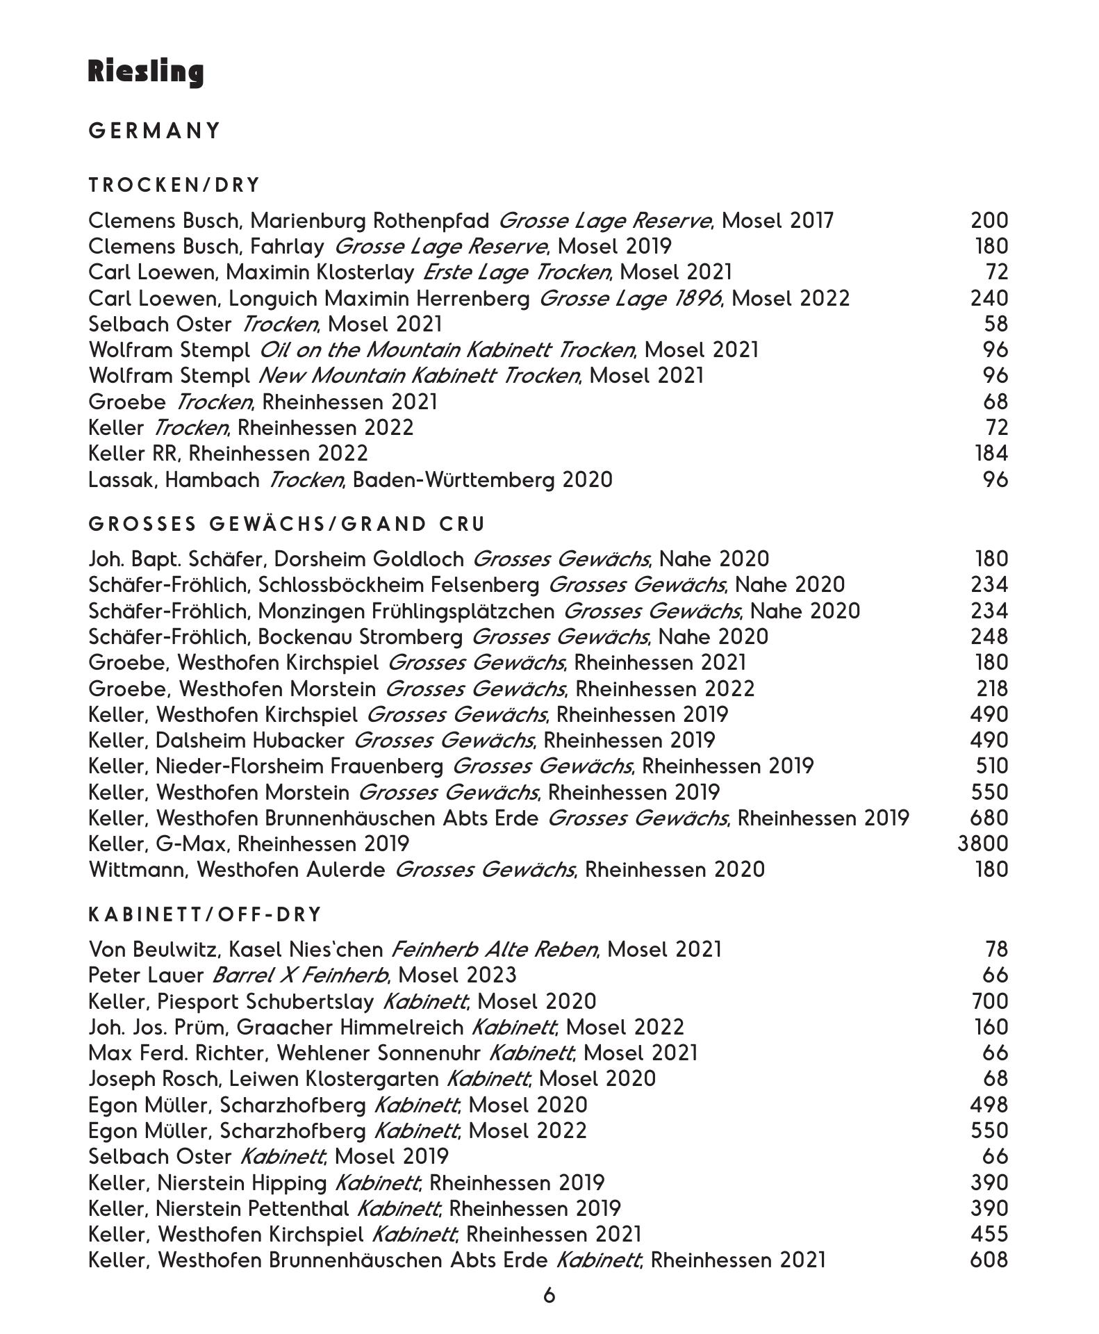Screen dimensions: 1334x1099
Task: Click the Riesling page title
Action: [146, 72]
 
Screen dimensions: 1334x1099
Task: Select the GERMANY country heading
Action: [154, 131]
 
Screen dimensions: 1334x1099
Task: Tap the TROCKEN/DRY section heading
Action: [174, 186]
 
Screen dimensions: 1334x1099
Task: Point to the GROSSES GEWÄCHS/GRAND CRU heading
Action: [287, 524]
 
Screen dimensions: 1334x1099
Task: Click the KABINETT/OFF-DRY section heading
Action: [206, 914]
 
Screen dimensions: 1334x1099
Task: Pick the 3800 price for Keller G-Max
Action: [982, 843]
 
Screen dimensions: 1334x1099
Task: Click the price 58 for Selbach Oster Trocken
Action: [995, 324]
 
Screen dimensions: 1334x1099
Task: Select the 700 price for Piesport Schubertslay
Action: [989, 1001]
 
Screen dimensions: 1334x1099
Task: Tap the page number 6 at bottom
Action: [549, 1295]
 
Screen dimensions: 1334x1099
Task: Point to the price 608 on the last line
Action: [989, 1260]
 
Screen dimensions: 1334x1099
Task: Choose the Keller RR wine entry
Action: [228, 454]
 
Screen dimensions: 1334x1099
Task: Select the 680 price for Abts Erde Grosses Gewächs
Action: [989, 818]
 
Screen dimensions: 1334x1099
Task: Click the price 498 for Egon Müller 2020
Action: [989, 1105]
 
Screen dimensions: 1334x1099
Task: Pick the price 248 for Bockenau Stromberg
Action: [989, 636]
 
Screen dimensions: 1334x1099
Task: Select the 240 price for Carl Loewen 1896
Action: [989, 298]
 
